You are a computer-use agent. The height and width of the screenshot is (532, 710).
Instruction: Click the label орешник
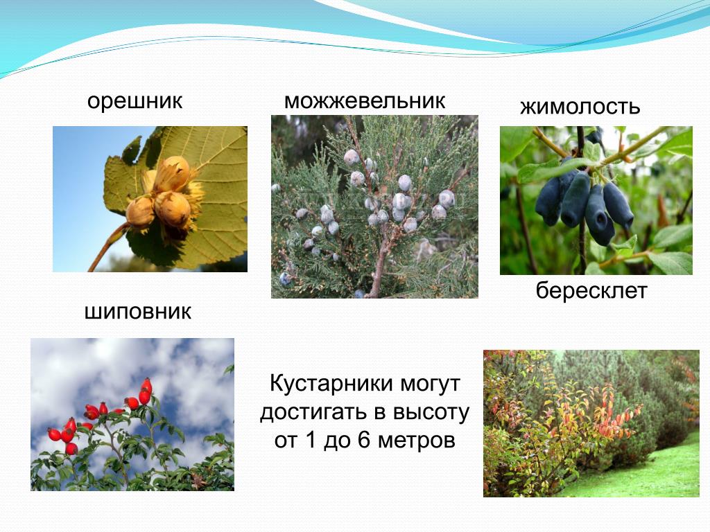click(135, 101)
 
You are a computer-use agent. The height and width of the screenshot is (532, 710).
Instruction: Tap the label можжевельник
click(364, 100)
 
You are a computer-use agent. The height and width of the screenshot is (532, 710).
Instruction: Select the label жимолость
click(580, 107)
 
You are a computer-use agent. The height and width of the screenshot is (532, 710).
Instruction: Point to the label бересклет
click(591, 291)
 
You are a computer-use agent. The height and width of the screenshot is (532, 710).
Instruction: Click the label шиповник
click(137, 312)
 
